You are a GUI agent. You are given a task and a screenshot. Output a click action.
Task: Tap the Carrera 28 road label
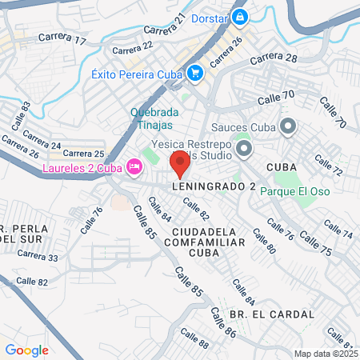click(274, 59)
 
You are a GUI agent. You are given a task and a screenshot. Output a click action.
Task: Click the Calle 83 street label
click(22, 116)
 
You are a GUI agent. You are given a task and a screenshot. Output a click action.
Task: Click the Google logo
click(26, 350)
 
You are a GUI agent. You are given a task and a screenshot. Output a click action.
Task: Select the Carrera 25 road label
click(83, 153)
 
